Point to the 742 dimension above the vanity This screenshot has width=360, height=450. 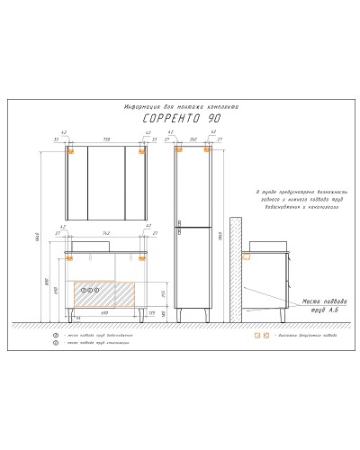tap(108, 231)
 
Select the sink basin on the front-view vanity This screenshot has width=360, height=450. tap(86, 245)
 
